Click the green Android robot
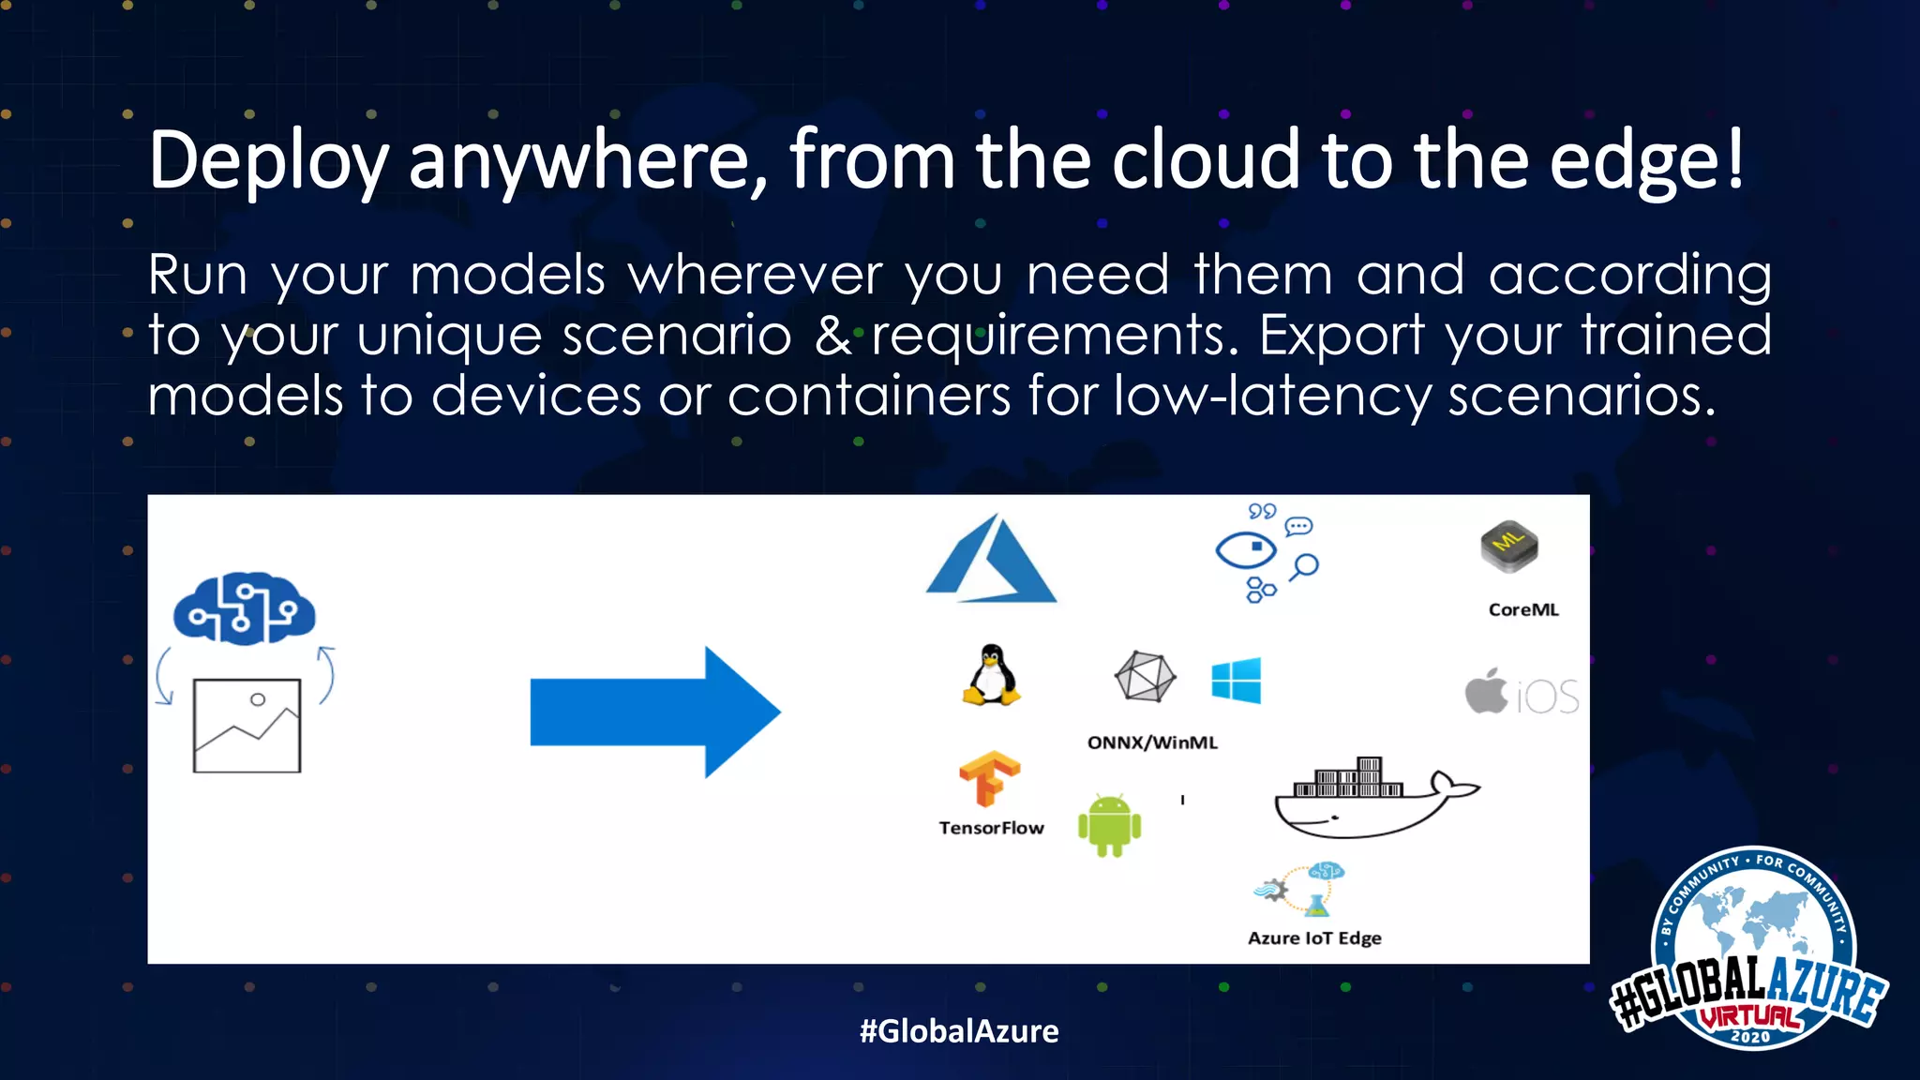coord(1109,825)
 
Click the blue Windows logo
coord(1236,681)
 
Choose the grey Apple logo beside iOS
coord(1487,692)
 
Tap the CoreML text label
coord(1523,609)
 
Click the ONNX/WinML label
coord(1152,742)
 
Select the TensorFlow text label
coord(991,828)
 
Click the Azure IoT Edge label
coord(1314,938)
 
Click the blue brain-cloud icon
coord(245,608)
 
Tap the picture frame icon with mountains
coord(247,726)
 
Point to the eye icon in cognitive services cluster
coord(1245,549)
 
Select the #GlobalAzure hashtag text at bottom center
coord(959,1031)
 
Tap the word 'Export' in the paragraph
coord(1342,336)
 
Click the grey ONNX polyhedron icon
coord(1145,676)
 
